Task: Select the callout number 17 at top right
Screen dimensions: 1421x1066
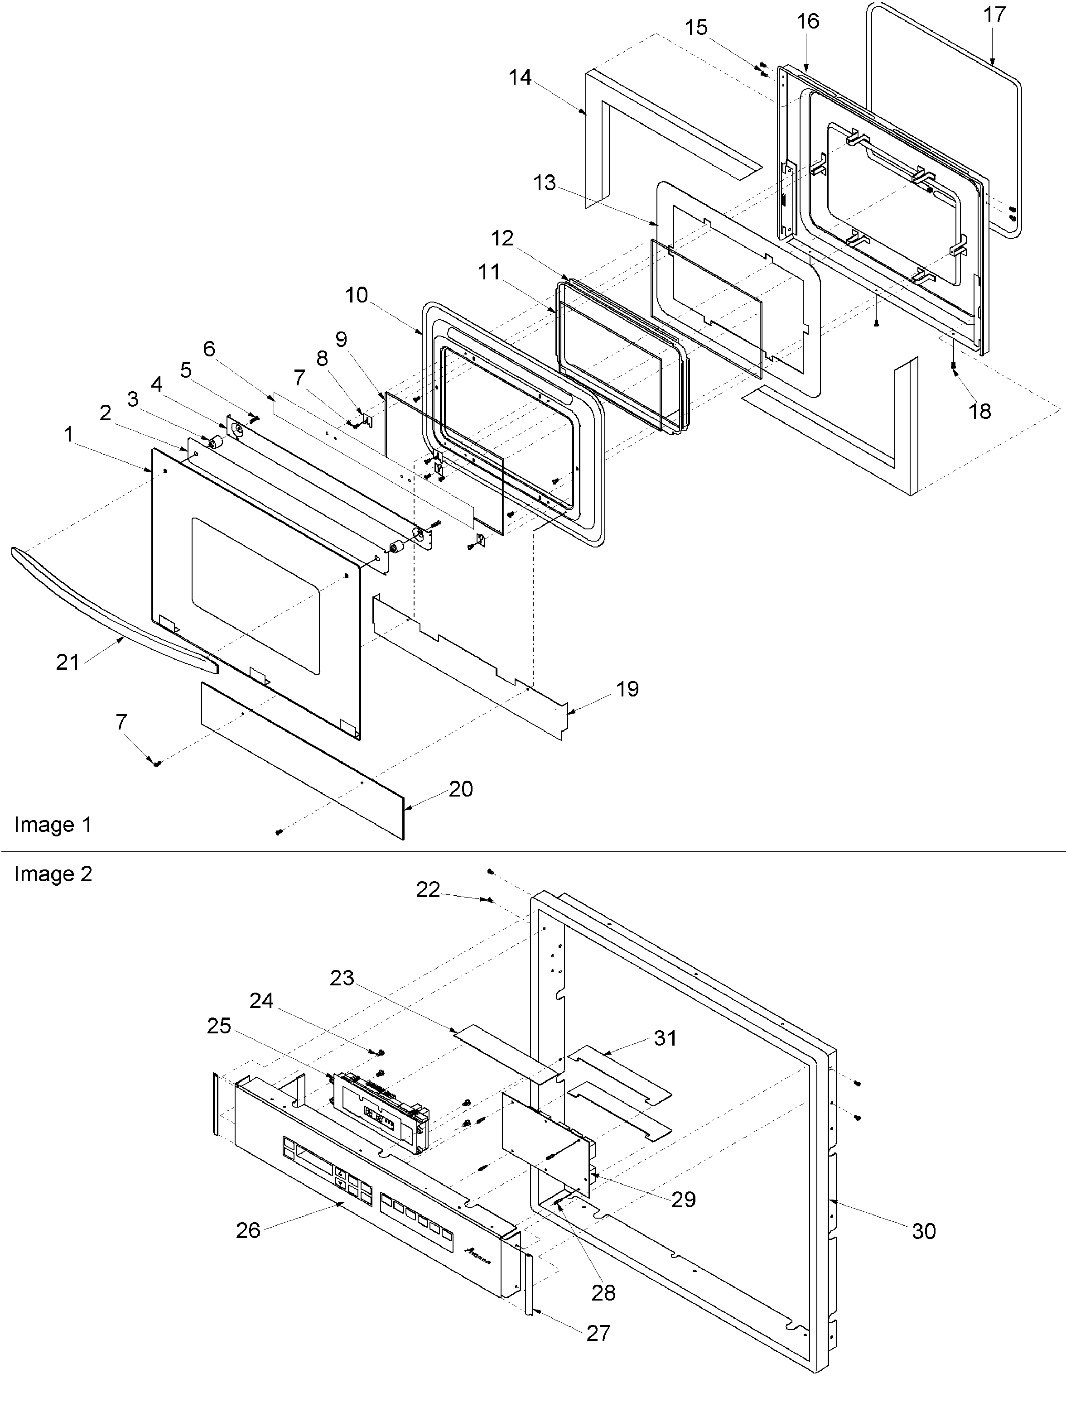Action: [x=994, y=15]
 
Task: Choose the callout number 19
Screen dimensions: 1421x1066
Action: [x=627, y=689]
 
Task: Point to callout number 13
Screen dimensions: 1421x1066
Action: [x=544, y=182]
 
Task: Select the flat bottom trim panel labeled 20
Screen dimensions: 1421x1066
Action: [x=302, y=761]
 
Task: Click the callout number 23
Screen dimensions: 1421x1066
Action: [x=342, y=978]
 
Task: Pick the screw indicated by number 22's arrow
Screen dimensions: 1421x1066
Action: [x=490, y=901]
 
